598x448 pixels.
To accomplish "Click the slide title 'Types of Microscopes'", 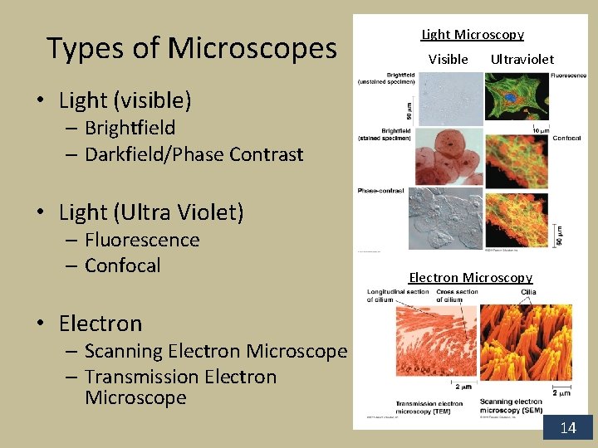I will point(192,49).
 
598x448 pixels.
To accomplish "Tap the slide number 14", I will point(568,427).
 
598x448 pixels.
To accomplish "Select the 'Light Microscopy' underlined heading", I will point(473,35).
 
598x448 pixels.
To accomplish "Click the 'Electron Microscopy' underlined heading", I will point(470,278).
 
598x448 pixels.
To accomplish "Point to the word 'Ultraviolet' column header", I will point(522,59).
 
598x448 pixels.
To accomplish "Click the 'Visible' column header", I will point(448,59).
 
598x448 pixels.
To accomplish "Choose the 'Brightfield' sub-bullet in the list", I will point(130,128).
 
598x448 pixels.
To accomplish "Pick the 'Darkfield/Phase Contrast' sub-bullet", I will point(194,154).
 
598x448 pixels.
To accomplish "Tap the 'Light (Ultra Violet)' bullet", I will point(151,212).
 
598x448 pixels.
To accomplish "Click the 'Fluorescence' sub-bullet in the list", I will point(142,240).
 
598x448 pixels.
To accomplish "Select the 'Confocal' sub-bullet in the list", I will point(122,265).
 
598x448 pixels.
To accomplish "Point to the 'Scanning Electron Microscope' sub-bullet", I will point(215,351).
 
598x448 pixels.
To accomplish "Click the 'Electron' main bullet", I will point(100,323).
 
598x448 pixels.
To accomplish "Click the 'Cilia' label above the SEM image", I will point(529,292).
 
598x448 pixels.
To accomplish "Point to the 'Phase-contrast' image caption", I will point(381,191).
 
